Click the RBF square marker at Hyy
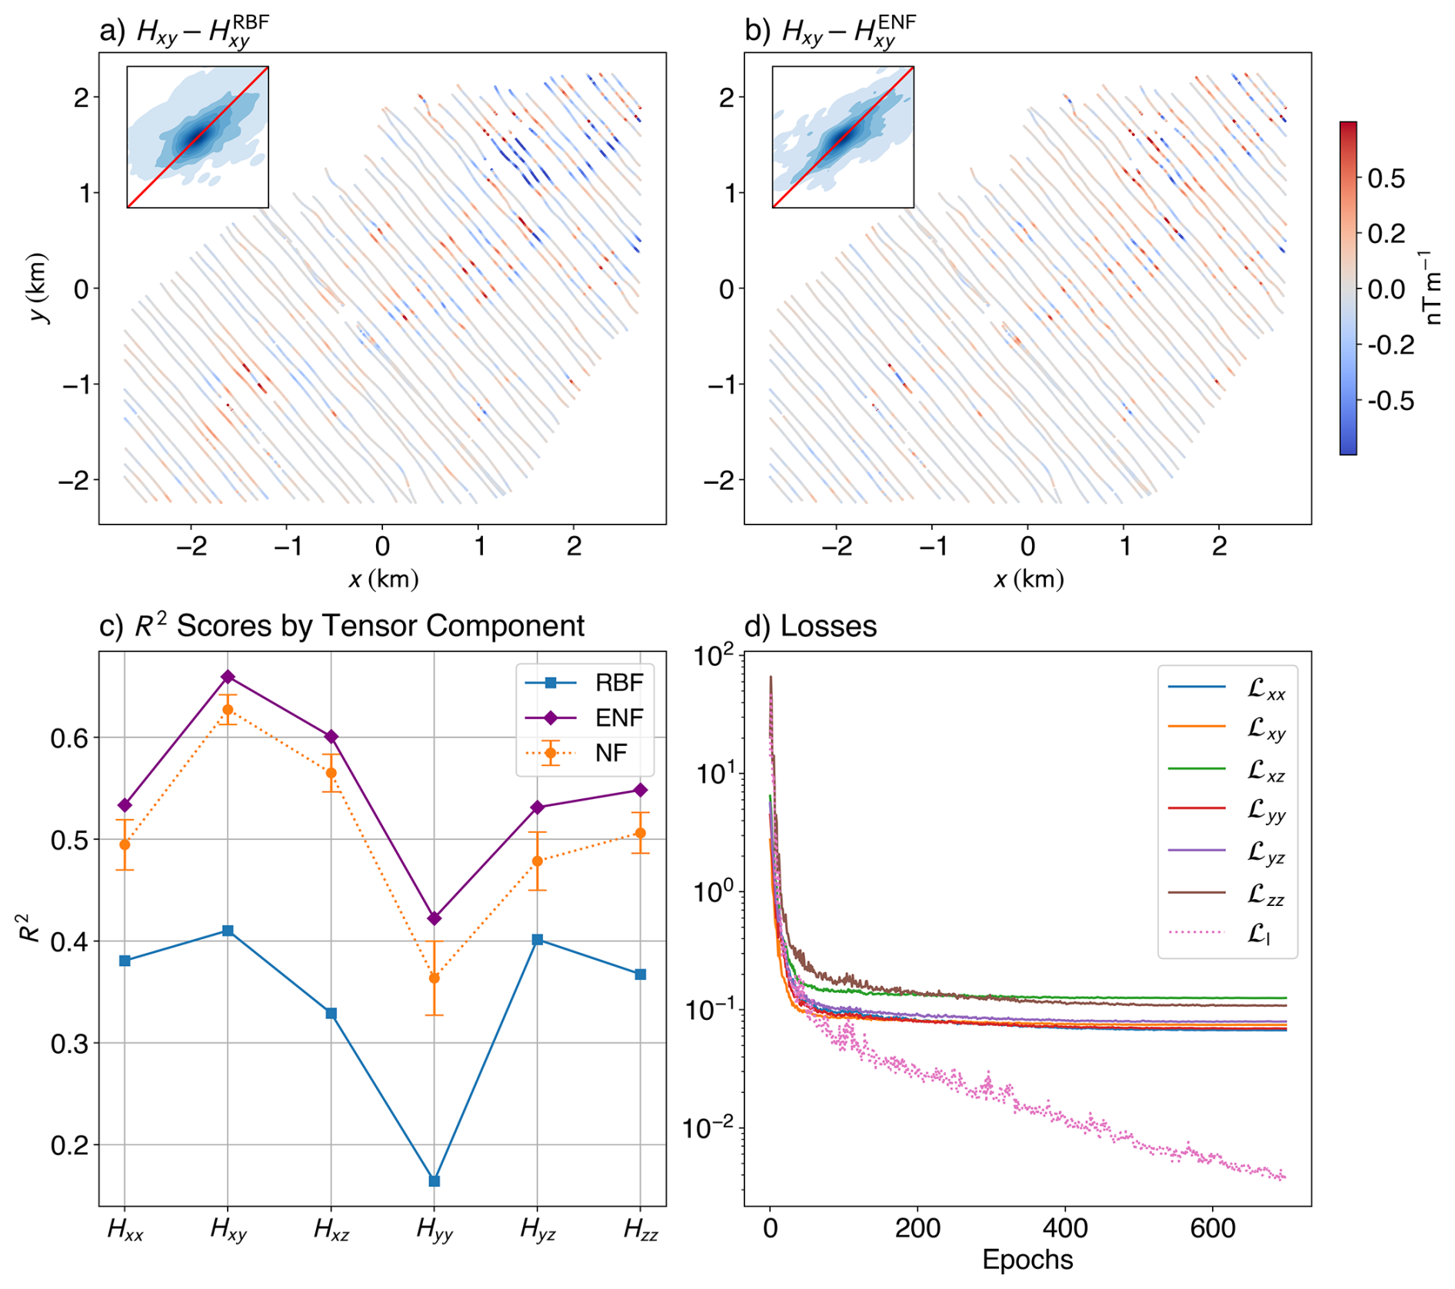[x=434, y=1181]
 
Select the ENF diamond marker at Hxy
[x=228, y=677]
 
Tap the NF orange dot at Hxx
[x=125, y=844]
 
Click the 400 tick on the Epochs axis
[x=1065, y=1228]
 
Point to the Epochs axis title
[x=1027, y=1260]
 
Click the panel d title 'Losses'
[x=828, y=626]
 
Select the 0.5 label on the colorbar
[x=1386, y=178]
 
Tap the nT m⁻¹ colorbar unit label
[x=1432, y=288]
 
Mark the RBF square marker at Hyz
[x=538, y=940]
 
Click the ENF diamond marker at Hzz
[x=640, y=791]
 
